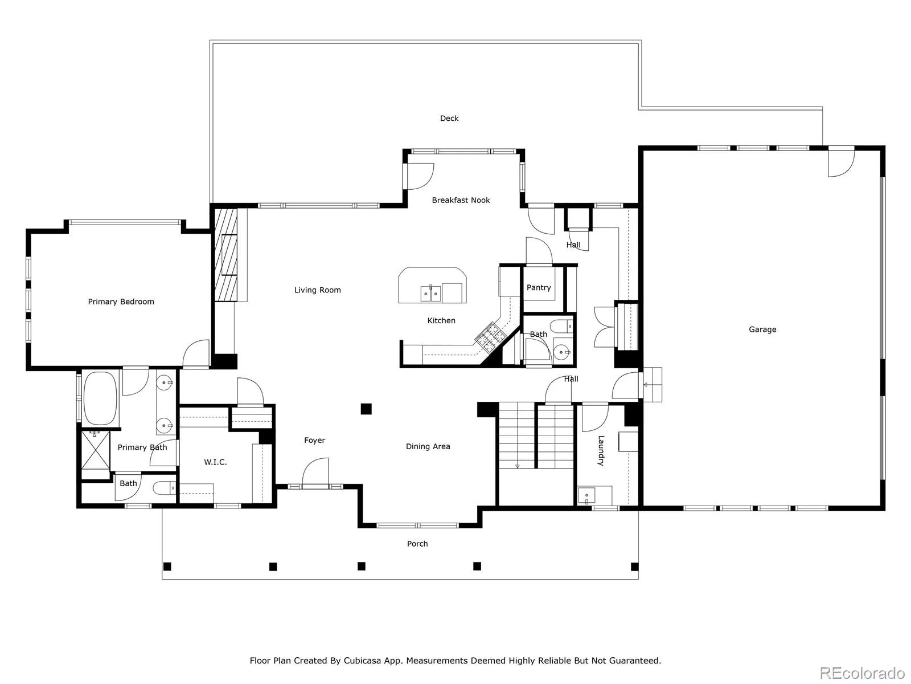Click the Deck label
[x=449, y=119]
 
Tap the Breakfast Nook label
[x=461, y=200]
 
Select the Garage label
[x=762, y=329]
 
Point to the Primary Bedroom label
[x=121, y=302]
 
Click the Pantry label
[x=539, y=287]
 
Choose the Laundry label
[x=601, y=451]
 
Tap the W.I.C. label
[x=215, y=462]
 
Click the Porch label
[x=417, y=544]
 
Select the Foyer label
[x=314, y=440]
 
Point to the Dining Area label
[x=428, y=446]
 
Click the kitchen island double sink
[x=431, y=293]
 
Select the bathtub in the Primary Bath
[x=100, y=398]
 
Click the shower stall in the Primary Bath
[x=96, y=450]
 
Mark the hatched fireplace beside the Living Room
[x=226, y=255]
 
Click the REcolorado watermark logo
[x=863, y=672]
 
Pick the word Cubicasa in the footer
[x=362, y=661]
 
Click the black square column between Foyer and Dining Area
[x=366, y=409]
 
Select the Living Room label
[x=318, y=290]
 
